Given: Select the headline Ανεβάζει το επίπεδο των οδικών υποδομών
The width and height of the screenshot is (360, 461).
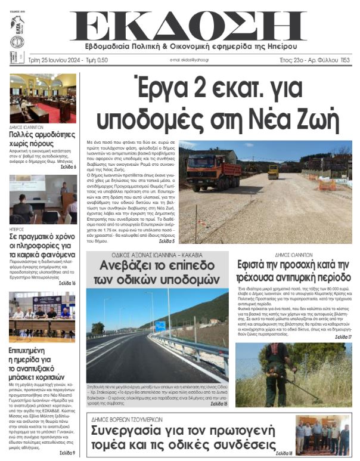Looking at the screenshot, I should click(157, 272).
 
